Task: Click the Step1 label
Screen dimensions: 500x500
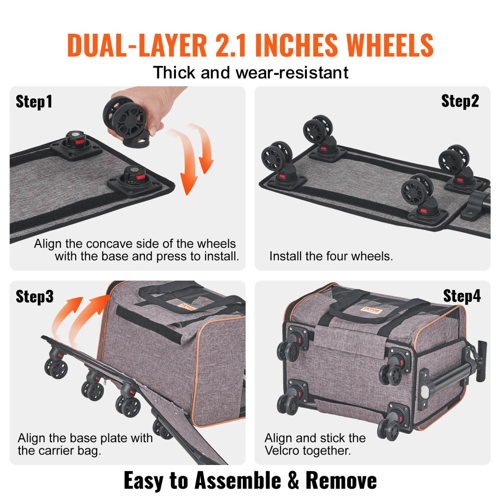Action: click(34, 102)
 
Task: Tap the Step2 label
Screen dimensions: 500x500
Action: click(460, 101)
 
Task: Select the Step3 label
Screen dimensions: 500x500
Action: click(35, 296)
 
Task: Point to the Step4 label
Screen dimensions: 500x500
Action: click(462, 296)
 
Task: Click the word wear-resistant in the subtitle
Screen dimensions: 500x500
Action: click(292, 72)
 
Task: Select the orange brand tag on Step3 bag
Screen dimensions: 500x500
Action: click(188, 306)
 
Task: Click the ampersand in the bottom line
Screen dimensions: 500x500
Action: click(293, 480)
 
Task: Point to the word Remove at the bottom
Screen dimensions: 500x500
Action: click(341, 480)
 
